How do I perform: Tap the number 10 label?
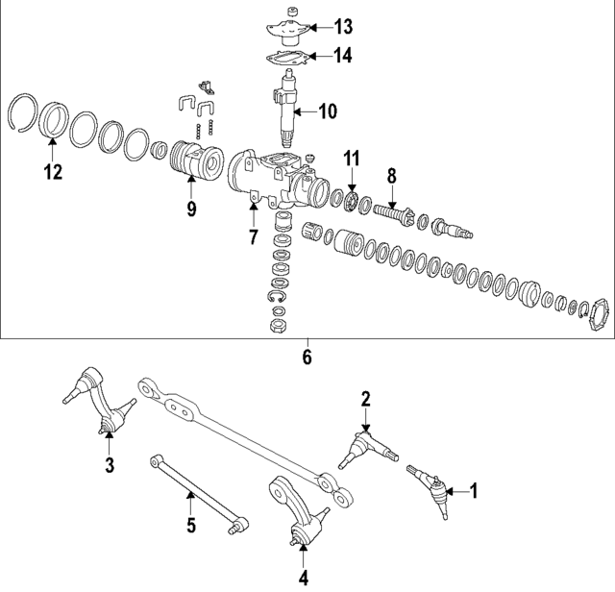click(x=327, y=111)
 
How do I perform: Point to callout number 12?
click(x=52, y=173)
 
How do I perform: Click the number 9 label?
click(x=190, y=208)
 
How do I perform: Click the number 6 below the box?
click(x=307, y=358)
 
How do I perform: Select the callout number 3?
click(x=109, y=466)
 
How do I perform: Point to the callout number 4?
click(x=303, y=579)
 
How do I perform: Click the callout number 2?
click(x=366, y=398)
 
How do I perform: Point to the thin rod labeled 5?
click(x=192, y=491)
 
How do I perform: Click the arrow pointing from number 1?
click(x=458, y=491)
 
